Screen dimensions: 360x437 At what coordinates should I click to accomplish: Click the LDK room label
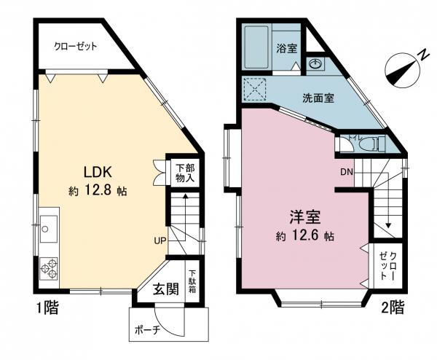point(96,173)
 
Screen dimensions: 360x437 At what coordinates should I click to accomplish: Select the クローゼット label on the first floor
point(76,46)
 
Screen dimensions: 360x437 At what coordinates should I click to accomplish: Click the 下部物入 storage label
point(185,172)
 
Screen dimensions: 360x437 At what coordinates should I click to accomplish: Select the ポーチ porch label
point(147,329)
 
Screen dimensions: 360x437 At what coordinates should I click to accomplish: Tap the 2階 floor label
point(391,308)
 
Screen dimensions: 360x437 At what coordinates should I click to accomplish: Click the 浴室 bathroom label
point(286,49)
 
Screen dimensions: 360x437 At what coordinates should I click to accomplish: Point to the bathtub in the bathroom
point(256,48)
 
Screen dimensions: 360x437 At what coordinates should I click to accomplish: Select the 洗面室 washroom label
point(318,98)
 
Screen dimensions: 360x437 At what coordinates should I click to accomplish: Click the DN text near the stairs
point(347,172)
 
